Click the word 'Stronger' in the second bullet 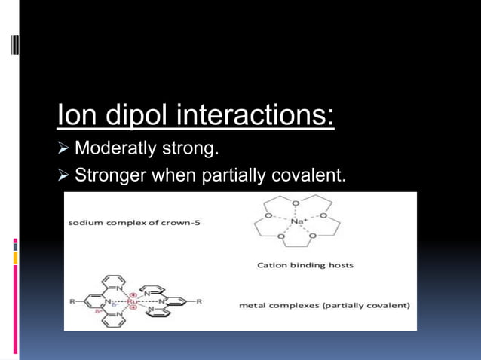(x=111, y=175)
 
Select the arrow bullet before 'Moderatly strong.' (x=63, y=148)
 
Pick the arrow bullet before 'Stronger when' (x=63, y=175)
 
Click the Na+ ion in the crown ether (x=296, y=221)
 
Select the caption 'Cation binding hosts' (x=305, y=265)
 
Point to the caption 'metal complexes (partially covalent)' (x=324, y=305)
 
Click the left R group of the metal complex (x=73, y=301)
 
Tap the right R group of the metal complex (x=198, y=301)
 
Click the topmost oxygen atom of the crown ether (x=295, y=203)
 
